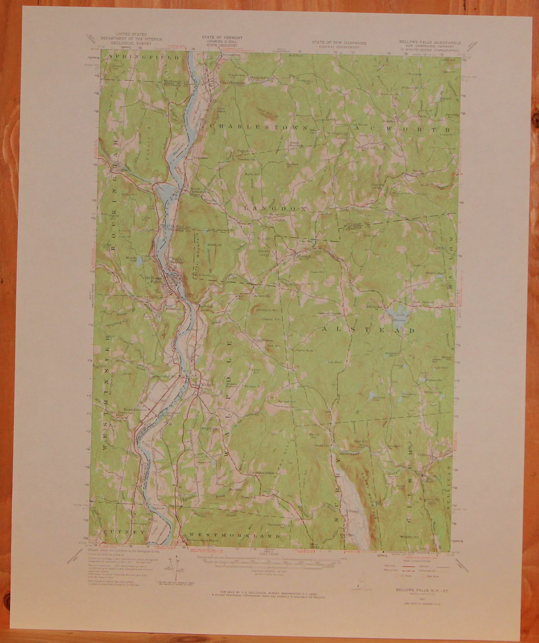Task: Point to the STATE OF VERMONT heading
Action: click(x=222, y=38)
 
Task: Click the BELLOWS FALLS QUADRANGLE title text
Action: click(x=430, y=42)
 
